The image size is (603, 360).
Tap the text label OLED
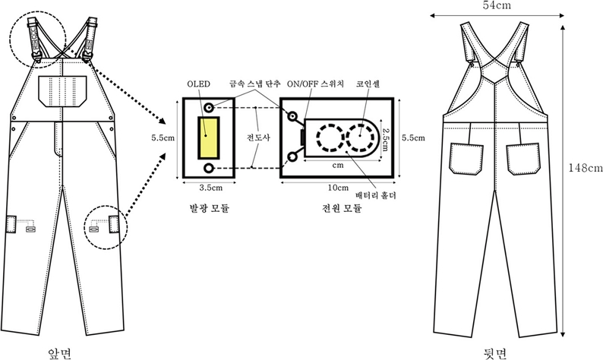pos(195,85)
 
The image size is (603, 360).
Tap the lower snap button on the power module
pos(292,157)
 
